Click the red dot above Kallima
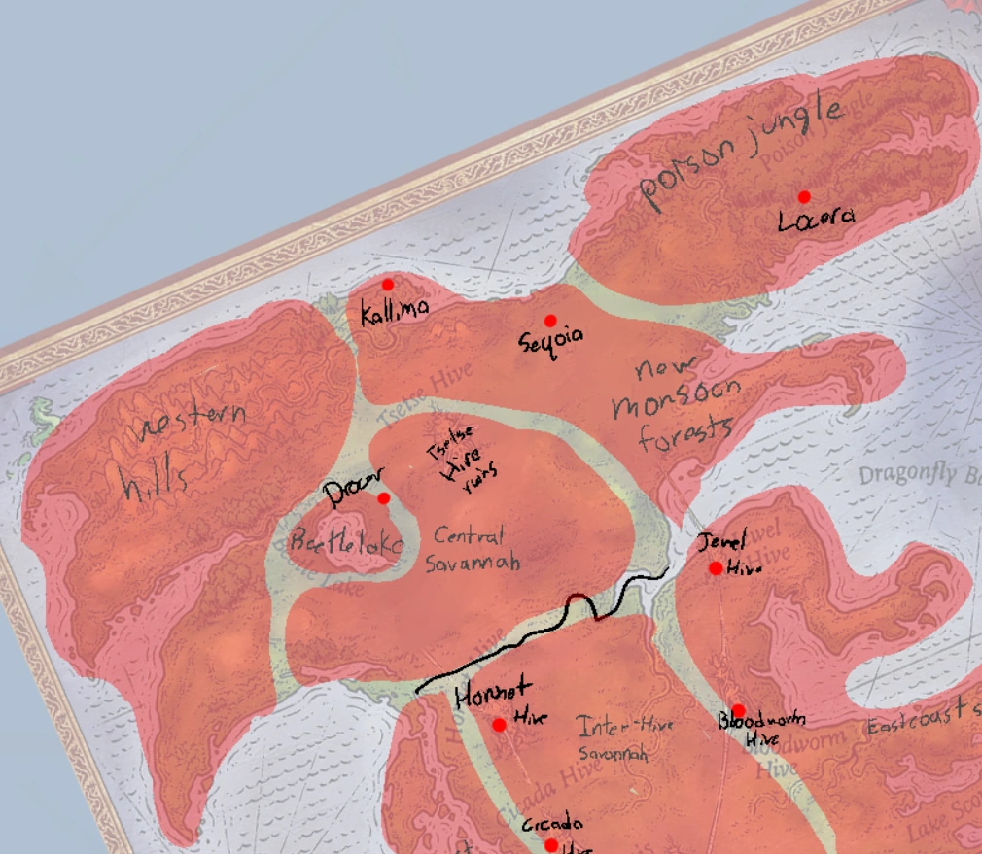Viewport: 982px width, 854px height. pyautogui.click(x=388, y=285)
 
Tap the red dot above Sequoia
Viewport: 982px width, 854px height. pyautogui.click(x=550, y=321)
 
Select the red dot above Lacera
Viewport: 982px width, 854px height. pyautogui.click(x=804, y=197)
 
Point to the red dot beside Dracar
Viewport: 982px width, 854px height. pyautogui.click(x=383, y=498)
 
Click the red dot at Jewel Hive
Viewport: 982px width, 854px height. pyautogui.click(x=716, y=568)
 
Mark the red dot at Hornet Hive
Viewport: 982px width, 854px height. pyautogui.click(x=499, y=725)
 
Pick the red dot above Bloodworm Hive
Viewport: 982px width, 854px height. pyautogui.click(x=738, y=711)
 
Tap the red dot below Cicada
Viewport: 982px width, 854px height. pyautogui.click(x=551, y=845)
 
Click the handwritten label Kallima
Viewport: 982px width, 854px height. pyautogui.click(x=394, y=312)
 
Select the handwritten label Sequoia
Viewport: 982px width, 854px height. pyautogui.click(x=551, y=339)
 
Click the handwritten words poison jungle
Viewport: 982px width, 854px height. pyautogui.click(x=739, y=155)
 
